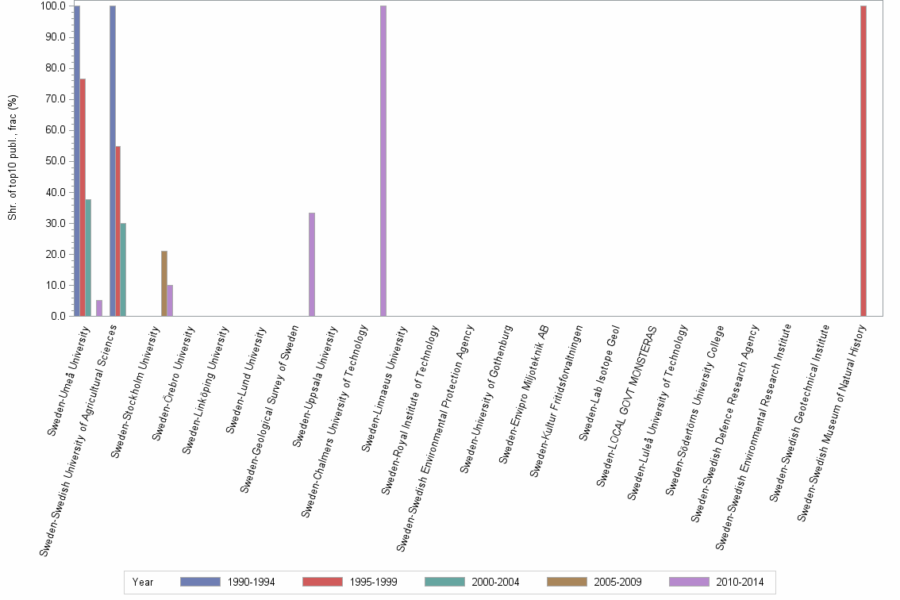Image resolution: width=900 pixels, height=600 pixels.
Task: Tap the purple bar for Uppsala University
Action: [312, 264]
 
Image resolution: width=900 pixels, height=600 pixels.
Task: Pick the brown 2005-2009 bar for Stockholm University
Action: [164, 283]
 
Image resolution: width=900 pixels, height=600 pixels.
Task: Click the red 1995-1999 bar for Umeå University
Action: [83, 198]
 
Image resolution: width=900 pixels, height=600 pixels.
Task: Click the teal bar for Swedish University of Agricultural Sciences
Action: [123, 270]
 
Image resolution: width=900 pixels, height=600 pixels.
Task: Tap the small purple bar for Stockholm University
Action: [170, 300]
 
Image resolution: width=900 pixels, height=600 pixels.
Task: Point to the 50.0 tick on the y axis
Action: [55, 161]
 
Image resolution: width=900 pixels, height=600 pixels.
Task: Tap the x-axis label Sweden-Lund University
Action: [253, 379]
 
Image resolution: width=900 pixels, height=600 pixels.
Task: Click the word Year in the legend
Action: [143, 582]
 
